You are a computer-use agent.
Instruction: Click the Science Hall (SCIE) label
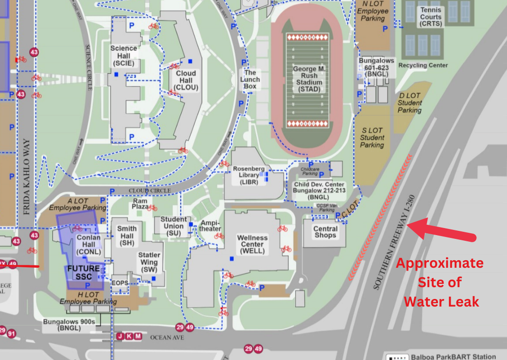pyautogui.click(x=123, y=56)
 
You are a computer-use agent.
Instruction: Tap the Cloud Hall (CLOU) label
pyautogui.click(x=186, y=80)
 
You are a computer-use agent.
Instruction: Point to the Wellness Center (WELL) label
pyautogui.click(x=252, y=245)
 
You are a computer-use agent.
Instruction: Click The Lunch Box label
pyautogui.click(x=250, y=79)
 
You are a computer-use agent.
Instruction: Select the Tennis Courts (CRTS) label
pyautogui.click(x=430, y=17)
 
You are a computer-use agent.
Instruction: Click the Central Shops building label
pyautogui.click(x=325, y=232)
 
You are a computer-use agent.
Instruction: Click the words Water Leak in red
pyautogui.click(x=441, y=301)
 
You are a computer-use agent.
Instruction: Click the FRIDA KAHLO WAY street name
pyautogui.click(x=26, y=177)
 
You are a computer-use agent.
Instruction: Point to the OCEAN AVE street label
pyautogui.click(x=166, y=337)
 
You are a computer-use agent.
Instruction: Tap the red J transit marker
pyautogui.click(x=120, y=336)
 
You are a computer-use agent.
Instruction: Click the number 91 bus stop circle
pyautogui.click(x=11, y=334)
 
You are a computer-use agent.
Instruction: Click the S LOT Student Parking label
pyautogui.click(x=372, y=138)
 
